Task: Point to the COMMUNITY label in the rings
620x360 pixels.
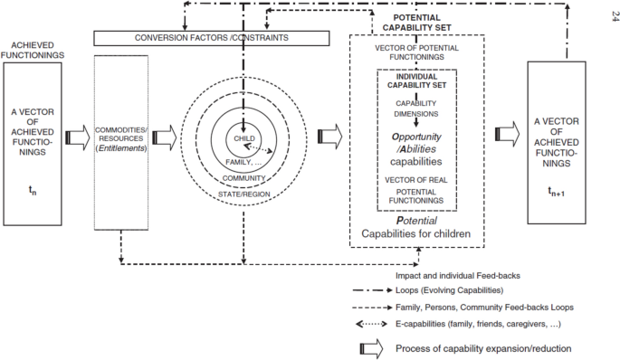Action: point(243,178)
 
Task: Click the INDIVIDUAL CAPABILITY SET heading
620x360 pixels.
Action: point(416,82)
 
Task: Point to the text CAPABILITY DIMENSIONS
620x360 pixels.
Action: point(416,109)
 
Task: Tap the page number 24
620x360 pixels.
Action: point(604,13)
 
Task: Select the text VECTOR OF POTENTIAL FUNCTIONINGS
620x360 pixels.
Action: point(416,53)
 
